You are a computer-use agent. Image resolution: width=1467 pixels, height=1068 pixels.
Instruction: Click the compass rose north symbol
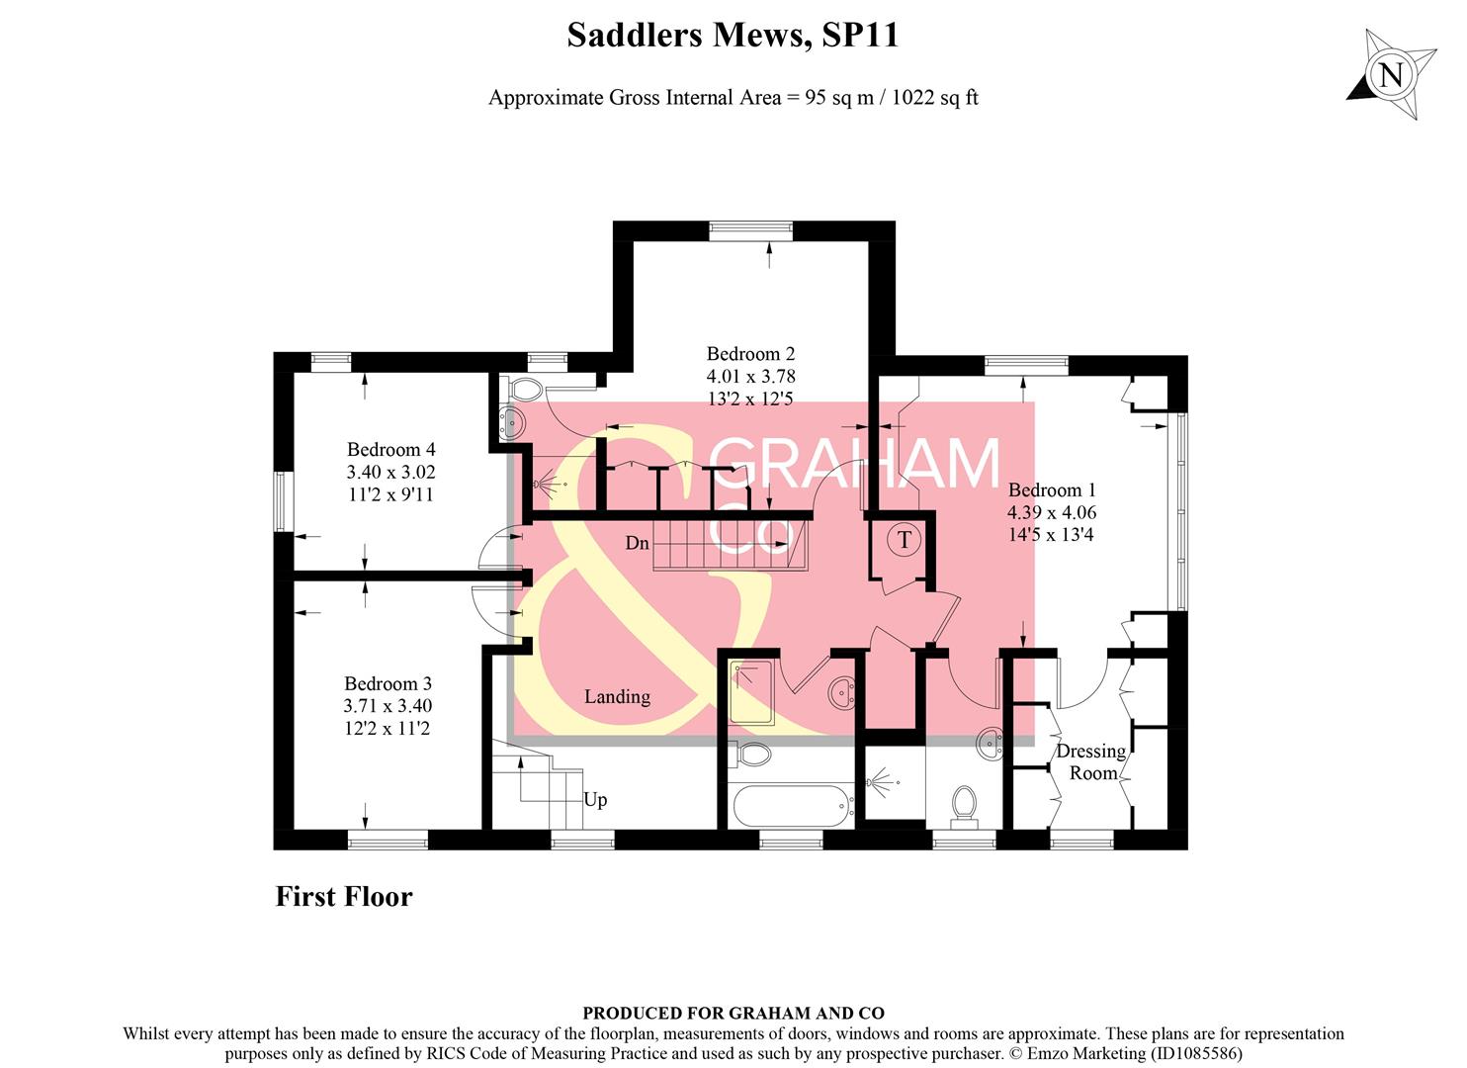click(1392, 75)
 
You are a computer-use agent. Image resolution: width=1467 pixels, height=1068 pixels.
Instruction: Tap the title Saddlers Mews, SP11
click(733, 36)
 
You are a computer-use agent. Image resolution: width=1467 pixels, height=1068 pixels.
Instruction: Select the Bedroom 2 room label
click(750, 354)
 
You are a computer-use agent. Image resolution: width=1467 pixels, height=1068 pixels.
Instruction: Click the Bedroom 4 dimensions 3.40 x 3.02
click(390, 473)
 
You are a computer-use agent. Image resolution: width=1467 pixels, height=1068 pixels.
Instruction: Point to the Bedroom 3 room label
click(388, 683)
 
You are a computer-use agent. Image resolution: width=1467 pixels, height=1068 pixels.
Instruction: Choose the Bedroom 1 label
click(1052, 490)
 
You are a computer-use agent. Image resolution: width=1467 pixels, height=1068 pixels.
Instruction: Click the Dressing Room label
click(1091, 761)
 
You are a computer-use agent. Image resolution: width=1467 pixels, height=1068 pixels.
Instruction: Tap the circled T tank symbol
click(904, 540)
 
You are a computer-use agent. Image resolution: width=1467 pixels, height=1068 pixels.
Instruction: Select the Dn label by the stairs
click(638, 543)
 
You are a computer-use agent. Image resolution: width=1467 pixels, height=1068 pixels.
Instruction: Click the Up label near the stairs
click(595, 799)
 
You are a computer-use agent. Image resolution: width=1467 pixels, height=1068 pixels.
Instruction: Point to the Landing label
click(617, 696)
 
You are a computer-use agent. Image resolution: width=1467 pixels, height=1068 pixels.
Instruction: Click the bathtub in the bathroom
click(793, 806)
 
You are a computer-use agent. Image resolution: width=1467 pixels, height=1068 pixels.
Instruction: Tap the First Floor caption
click(344, 897)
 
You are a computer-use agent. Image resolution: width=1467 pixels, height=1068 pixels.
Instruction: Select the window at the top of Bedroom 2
click(751, 230)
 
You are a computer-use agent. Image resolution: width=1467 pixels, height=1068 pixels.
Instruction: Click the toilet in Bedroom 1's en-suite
click(963, 805)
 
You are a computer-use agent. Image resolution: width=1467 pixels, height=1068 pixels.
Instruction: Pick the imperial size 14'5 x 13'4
click(1051, 535)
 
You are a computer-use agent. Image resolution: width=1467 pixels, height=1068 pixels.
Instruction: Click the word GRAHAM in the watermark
click(856, 463)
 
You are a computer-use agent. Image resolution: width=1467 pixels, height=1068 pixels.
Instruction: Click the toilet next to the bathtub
click(754, 756)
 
